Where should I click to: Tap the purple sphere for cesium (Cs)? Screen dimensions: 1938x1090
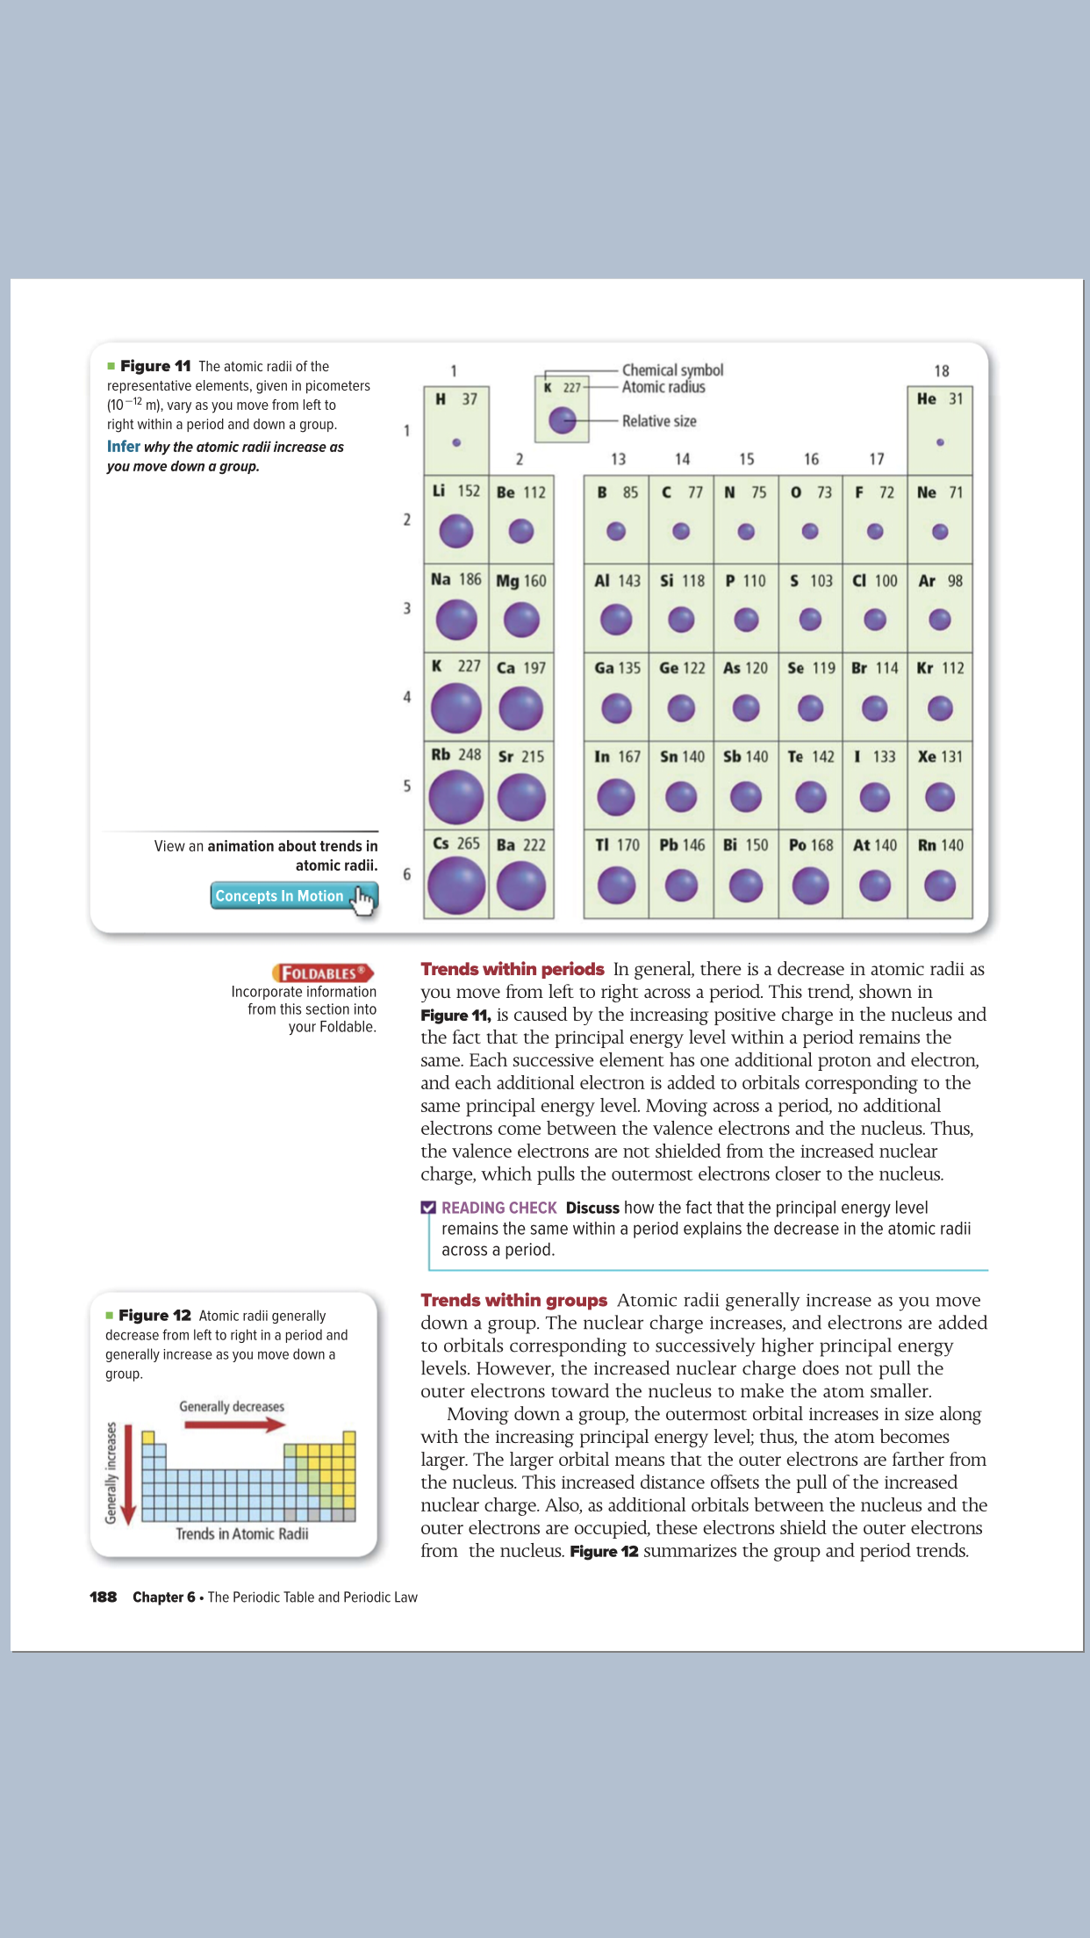[456, 886]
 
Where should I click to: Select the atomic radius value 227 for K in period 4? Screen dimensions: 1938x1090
[470, 666]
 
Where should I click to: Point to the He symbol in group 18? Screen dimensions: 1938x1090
[927, 398]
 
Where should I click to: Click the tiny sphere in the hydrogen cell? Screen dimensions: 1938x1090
[456, 442]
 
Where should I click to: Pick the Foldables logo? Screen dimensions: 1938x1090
[323, 973]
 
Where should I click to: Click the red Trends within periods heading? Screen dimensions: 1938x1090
[513, 969]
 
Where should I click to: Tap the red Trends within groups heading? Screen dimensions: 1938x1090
[513, 1300]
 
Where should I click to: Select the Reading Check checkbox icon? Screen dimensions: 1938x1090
[428, 1208]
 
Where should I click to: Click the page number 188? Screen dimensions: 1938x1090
[103, 1597]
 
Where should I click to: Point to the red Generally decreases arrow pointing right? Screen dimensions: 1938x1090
[234, 1425]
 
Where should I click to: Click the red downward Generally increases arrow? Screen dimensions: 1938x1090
[128, 1475]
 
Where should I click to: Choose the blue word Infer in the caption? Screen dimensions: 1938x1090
[124, 447]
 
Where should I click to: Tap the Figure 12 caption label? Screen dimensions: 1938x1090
[154, 1315]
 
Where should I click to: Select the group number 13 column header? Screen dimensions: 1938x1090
[619, 459]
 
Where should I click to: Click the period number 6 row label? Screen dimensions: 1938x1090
[406, 874]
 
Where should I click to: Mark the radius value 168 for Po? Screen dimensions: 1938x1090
[822, 845]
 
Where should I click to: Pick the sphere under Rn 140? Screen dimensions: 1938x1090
[940, 886]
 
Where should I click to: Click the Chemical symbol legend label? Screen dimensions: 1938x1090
[672, 370]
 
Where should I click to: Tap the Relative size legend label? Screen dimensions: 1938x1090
[659, 421]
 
